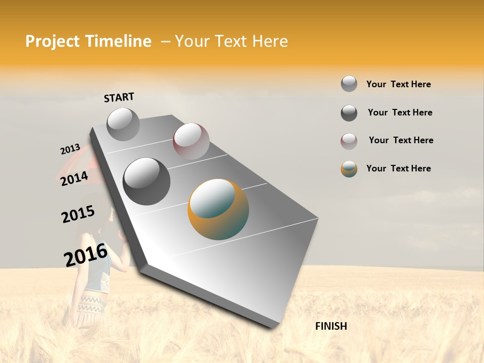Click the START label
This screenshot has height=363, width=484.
coord(119,97)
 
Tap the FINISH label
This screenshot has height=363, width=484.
coord(331,326)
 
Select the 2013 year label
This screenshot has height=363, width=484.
coord(70,149)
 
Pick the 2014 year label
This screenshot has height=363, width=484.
coord(74,178)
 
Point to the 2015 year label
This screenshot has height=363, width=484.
coord(78,214)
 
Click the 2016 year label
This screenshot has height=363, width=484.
coord(86,255)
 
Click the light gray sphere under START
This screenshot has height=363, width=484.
coord(123,124)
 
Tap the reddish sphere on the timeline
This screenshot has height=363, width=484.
coord(191,141)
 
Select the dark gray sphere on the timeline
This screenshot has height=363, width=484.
coord(147,181)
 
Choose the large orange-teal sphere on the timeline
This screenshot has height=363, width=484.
coord(218,209)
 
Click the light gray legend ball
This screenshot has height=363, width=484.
coord(349,84)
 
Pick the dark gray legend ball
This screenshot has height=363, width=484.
coord(349,113)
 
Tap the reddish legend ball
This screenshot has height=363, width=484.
coord(349,141)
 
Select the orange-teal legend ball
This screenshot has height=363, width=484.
coord(349,169)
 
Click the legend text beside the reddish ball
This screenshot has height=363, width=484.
coord(401,140)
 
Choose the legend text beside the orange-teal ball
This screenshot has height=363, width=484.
coord(398,168)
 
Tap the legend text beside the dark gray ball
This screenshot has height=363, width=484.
coord(400,112)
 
